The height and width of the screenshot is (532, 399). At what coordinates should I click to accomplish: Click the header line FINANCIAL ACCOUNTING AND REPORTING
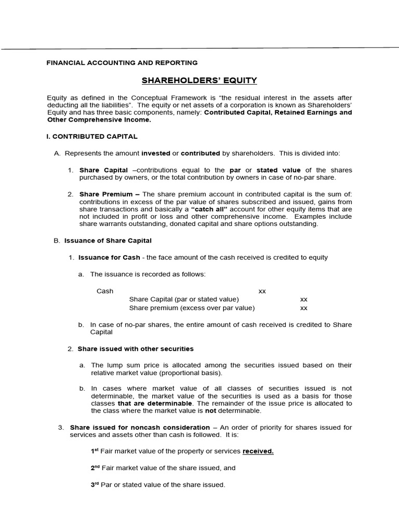pos(122,62)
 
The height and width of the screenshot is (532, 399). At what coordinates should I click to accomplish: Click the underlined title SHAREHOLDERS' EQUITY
pos(199,81)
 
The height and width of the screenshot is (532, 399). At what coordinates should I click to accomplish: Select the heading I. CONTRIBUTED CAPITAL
pos(92,137)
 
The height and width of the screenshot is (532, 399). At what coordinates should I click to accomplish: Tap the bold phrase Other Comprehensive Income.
pos(99,119)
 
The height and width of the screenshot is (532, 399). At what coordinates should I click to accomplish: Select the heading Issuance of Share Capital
pos(108,241)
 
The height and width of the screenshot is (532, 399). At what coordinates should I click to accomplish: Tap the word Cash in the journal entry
pos(105,291)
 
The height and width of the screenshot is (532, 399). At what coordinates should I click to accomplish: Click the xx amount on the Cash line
pos(262,291)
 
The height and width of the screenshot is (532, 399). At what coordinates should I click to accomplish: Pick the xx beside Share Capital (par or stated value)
pos(304,299)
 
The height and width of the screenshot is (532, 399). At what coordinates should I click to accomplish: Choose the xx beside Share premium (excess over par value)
pos(304,308)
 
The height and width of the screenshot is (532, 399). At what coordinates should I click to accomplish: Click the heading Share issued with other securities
pos(136,349)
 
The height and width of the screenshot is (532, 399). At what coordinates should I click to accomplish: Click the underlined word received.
pos(258,451)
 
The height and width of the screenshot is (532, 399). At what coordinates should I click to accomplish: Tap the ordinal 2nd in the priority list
pos(96,468)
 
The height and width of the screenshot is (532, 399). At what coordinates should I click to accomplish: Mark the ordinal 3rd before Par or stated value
pos(95,484)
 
